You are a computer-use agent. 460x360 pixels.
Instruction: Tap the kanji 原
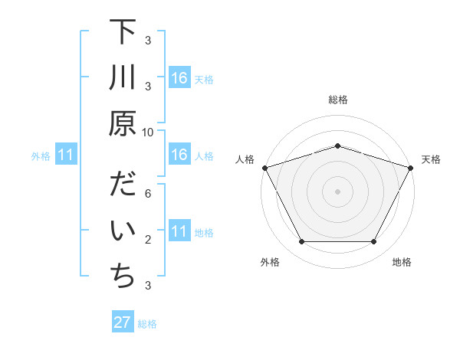(x=122, y=123)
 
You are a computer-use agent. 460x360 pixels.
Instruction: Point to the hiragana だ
(x=122, y=187)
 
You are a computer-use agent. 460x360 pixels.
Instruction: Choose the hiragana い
(x=122, y=232)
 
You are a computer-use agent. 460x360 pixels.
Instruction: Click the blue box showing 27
(x=123, y=322)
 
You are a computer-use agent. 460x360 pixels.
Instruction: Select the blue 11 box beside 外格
(x=65, y=155)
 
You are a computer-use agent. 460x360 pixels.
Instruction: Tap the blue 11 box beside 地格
(x=179, y=232)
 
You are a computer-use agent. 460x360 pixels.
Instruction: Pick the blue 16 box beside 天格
(x=179, y=79)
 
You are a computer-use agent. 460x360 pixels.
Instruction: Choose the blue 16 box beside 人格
(x=179, y=155)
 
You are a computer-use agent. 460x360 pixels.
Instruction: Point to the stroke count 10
(x=148, y=132)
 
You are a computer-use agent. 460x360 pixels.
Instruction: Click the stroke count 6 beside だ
(x=148, y=195)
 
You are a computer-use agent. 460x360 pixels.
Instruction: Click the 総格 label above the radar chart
(x=337, y=100)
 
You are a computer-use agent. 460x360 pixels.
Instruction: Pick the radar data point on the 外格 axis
(x=301, y=241)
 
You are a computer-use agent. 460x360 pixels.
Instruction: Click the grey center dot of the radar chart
(x=337, y=191)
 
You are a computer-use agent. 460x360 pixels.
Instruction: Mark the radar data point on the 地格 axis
(x=373, y=241)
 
